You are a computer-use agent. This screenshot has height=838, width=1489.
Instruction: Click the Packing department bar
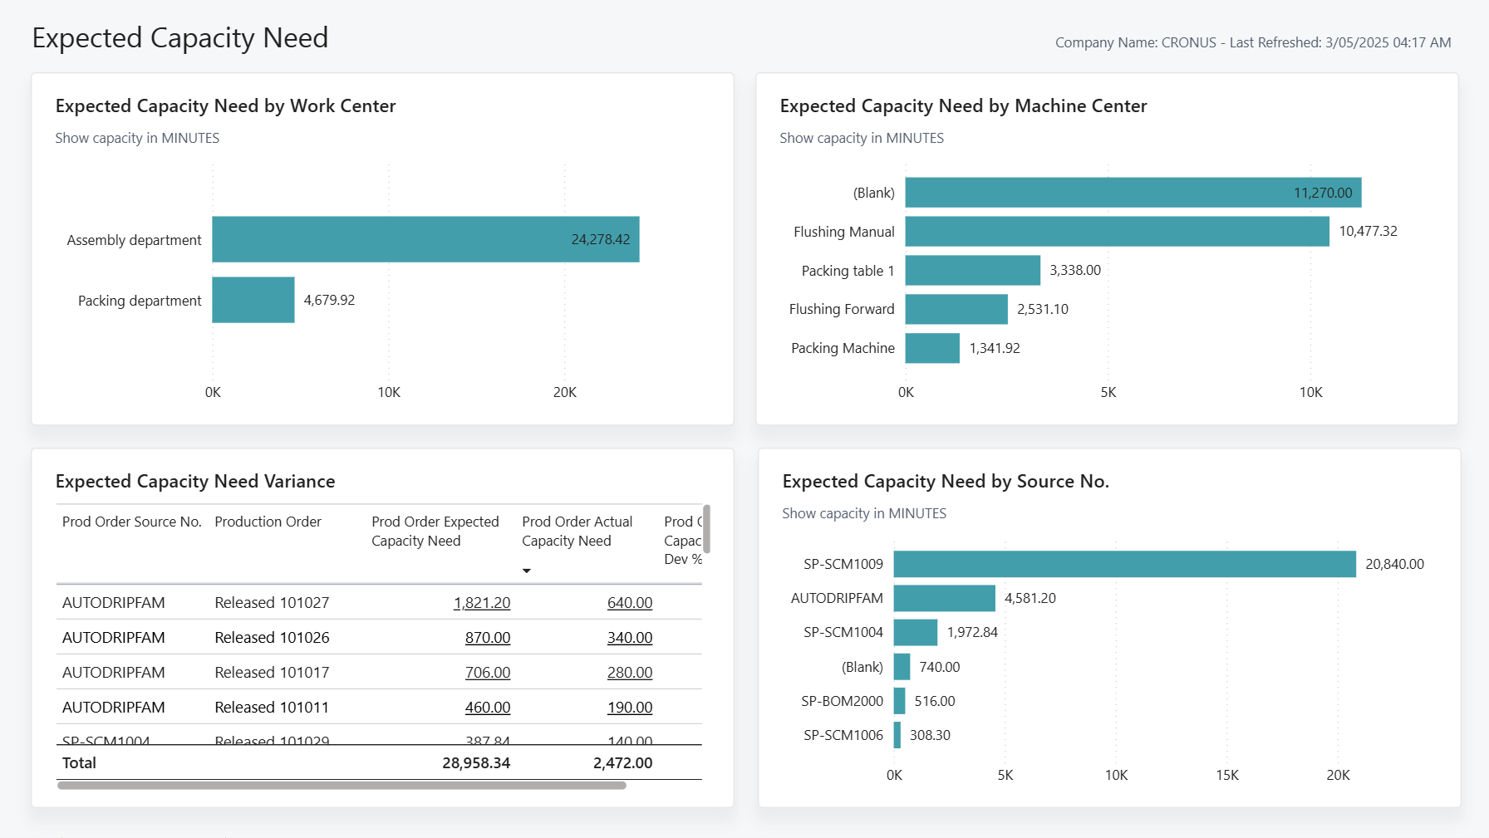(253, 300)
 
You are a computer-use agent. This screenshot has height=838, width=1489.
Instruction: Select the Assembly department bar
(425, 239)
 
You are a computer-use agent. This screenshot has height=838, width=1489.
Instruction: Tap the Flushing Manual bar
(1117, 232)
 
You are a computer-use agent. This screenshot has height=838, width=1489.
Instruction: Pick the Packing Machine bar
(932, 348)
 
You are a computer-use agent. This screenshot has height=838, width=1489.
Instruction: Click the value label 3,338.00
(1075, 270)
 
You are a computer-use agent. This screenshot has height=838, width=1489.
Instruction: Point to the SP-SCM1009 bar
(1124, 564)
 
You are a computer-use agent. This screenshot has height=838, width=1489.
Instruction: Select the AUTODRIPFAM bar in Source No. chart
(944, 598)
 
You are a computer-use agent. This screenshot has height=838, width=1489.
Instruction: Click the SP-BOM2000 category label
(842, 701)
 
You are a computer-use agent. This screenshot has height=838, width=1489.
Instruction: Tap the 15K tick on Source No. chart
(1226, 775)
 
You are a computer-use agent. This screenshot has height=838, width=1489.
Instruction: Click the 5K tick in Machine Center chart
(1108, 392)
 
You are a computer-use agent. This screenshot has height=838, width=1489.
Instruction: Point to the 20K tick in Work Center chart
(565, 392)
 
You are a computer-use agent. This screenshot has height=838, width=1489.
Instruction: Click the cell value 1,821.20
(482, 603)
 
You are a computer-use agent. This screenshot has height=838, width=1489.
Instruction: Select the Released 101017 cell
(272, 673)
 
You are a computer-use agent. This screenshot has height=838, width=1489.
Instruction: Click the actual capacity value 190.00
(629, 708)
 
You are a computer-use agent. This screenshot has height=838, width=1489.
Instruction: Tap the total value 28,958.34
(476, 763)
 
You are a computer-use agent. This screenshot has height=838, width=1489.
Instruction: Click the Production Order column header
(268, 522)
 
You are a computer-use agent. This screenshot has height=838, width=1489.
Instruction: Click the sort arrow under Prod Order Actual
(526, 571)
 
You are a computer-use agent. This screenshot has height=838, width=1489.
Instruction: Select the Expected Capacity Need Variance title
(195, 482)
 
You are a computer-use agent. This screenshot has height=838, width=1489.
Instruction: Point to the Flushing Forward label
(842, 309)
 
